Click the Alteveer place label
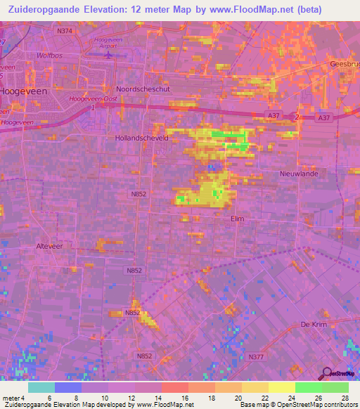coord(49,246)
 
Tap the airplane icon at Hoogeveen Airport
coord(108,53)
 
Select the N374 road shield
coord(65,31)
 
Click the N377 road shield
coord(256,357)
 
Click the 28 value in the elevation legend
coord(344,397)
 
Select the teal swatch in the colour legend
coord(41,387)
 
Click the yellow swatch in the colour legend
coord(281,387)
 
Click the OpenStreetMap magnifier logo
coord(326,375)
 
